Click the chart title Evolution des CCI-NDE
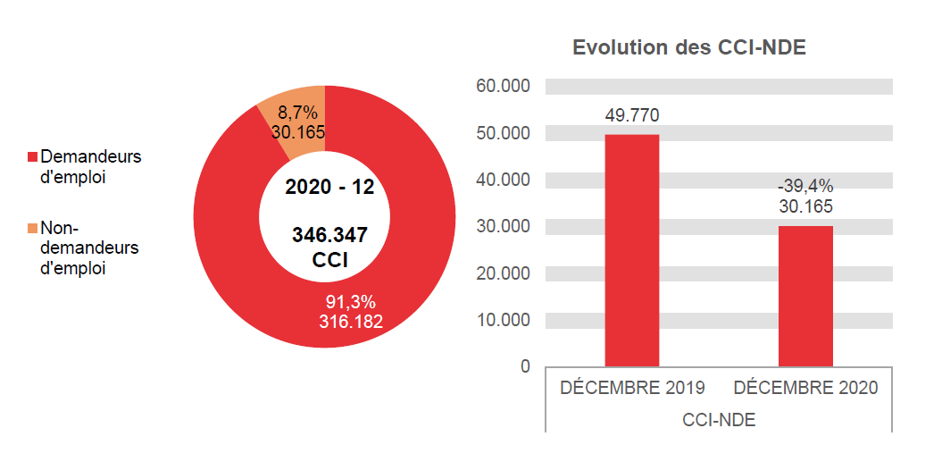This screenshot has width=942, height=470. (x=688, y=48)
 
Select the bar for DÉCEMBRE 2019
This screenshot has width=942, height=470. (x=632, y=250)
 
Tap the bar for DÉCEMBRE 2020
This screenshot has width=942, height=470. (x=805, y=296)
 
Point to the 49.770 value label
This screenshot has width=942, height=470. (x=632, y=115)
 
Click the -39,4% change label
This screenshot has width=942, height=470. (x=805, y=186)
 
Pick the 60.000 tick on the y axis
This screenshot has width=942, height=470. (x=504, y=87)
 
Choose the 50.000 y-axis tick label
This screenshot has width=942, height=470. (x=504, y=133)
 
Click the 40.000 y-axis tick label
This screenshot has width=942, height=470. (x=504, y=180)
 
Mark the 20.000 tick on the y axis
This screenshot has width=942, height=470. (x=504, y=273)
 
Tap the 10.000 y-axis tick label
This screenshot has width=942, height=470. (x=504, y=320)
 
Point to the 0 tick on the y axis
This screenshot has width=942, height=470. (x=525, y=366)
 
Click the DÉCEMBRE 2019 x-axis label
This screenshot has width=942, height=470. (x=632, y=388)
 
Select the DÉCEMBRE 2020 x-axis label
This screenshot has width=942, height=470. (x=805, y=388)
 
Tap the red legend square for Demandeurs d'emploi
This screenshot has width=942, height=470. (x=33, y=157)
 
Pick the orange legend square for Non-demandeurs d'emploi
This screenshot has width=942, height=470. (x=33, y=228)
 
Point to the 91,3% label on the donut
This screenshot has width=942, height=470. (x=350, y=302)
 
